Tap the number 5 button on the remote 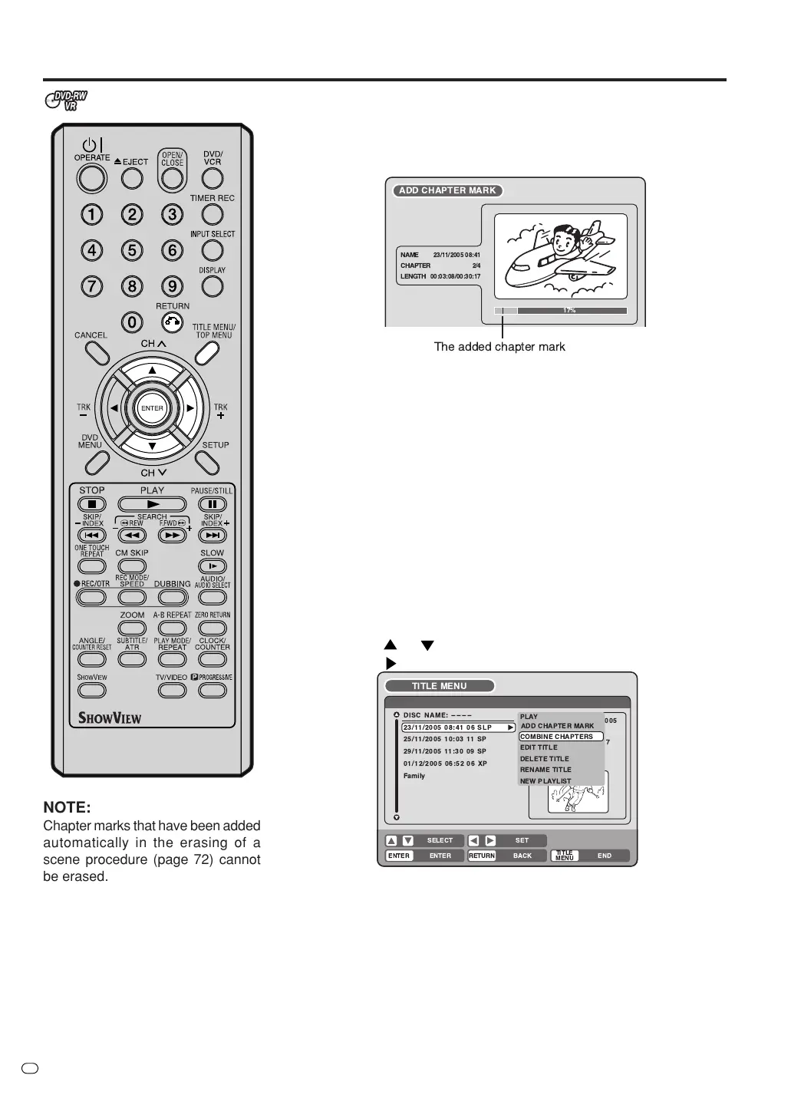132,250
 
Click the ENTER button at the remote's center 152,408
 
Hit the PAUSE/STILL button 213,504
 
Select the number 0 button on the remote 132,322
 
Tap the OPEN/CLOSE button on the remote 172,178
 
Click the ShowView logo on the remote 110,719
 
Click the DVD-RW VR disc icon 67,101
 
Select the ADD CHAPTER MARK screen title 447,190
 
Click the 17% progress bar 561,311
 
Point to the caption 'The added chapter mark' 499,347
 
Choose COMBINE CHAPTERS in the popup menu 557,737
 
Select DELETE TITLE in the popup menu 545,759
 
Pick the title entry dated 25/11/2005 445,739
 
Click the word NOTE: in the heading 67,807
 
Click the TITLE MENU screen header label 439,686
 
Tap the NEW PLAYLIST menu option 545,781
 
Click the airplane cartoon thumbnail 560,256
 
